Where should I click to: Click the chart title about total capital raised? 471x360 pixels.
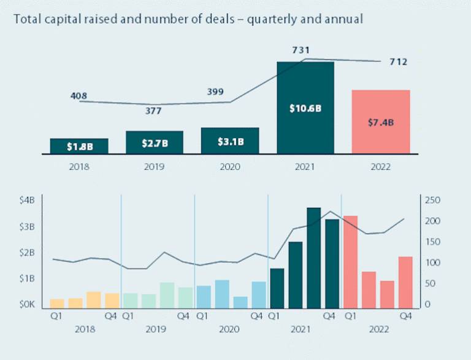click(x=188, y=19)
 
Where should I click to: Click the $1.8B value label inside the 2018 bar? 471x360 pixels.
click(x=79, y=147)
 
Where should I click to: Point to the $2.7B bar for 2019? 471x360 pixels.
click(x=155, y=142)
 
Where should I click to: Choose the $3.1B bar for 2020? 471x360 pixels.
click(x=230, y=140)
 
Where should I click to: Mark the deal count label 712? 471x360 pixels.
click(x=397, y=62)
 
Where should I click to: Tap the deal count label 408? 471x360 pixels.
click(x=79, y=96)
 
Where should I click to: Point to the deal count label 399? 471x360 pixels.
click(x=216, y=92)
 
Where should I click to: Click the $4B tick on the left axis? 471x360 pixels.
click(x=28, y=200)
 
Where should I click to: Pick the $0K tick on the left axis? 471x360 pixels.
click(x=28, y=305)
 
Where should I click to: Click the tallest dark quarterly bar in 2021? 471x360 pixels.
click(x=314, y=258)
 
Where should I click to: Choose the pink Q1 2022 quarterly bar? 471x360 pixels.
click(x=350, y=261)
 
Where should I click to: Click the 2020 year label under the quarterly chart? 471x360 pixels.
click(x=229, y=330)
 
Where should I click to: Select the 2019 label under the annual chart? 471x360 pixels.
click(x=155, y=166)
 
